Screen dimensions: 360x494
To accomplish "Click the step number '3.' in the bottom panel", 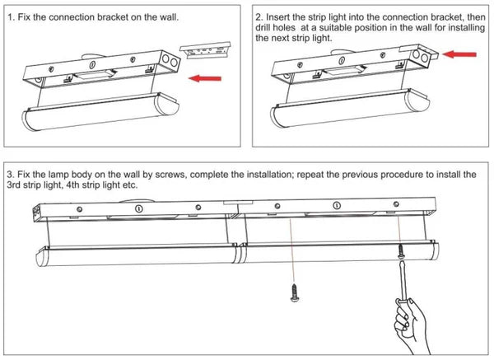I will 10,175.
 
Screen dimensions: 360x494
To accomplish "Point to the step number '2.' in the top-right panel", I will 259,16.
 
